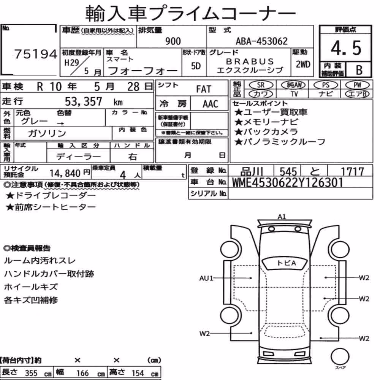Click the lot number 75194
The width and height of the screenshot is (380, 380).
pyautogui.click(x=36, y=54)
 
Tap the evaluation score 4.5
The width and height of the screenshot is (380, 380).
pyautogui.click(x=346, y=48)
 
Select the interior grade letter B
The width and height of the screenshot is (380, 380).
pyautogui.click(x=359, y=70)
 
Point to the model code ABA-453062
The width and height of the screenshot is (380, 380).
pyautogui.click(x=261, y=41)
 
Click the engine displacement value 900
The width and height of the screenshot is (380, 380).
pyautogui.click(x=173, y=41)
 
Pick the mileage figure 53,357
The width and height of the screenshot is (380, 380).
pyautogui.click(x=83, y=101)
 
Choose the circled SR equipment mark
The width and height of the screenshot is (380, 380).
pyautogui.click(x=261, y=85)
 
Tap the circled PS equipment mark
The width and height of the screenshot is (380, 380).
pyautogui.click(x=326, y=85)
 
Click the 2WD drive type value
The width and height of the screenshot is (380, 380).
pyautogui.click(x=303, y=65)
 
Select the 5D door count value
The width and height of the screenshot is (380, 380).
pyautogui.click(x=196, y=66)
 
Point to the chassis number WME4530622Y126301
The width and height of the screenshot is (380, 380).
pyautogui.click(x=287, y=182)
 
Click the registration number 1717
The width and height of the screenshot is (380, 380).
pyautogui.click(x=352, y=172)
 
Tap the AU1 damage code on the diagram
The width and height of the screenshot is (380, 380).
pyautogui.click(x=206, y=278)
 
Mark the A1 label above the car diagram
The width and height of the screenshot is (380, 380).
pyautogui.click(x=282, y=217)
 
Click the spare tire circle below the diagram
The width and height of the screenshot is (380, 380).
pyautogui.click(x=340, y=356)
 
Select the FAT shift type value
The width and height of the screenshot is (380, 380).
pyautogui.click(x=204, y=89)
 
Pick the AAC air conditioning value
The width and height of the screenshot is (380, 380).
pyautogui.click(x=210, y=104)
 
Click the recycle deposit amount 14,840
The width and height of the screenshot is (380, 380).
pyautogui.click(x=65, y=173)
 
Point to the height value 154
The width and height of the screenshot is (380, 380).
pyautogui.click(x=138, y=373)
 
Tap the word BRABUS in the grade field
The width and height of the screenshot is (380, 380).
pyautogui.click(x=250, y=61)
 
